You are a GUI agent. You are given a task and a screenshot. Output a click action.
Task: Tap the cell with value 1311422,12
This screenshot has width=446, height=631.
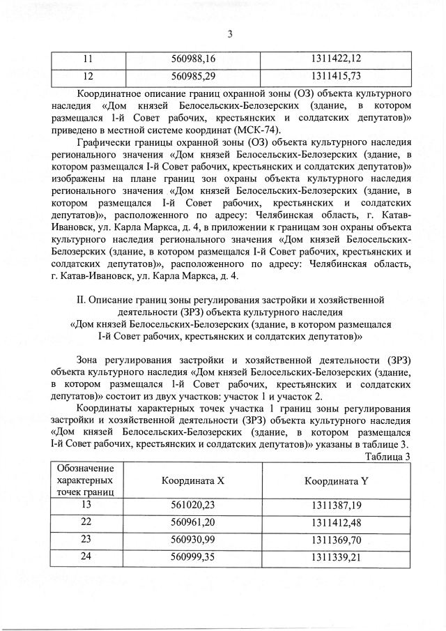pos(336,59)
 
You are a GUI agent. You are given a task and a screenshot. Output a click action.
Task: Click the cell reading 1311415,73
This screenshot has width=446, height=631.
pos(336,75)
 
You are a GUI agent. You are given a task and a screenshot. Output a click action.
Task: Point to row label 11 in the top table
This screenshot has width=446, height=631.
pos(89,59)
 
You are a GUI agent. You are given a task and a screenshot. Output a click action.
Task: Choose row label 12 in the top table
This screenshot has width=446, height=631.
pos(89,75)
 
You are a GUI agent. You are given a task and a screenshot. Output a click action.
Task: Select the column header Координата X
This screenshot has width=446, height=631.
pos(193,481)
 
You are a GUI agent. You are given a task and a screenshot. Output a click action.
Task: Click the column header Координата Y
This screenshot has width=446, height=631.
pos(336,481)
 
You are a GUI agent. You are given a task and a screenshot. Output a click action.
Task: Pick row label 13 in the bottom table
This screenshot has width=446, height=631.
pos(86,505)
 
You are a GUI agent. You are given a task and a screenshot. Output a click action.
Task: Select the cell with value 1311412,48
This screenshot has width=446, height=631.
pos(336,522)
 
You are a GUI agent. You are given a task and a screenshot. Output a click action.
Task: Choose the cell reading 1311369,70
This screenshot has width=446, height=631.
pos(336,539)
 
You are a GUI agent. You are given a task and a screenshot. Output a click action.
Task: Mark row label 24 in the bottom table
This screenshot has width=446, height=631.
pos(86,555)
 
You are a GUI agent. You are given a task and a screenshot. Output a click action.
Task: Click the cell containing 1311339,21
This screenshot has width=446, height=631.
pos(336,556)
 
